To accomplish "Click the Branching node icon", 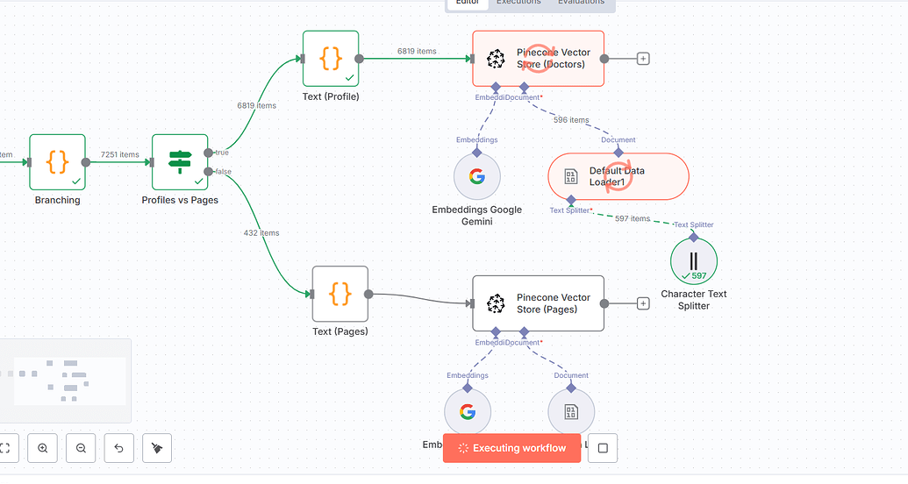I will click(x=57, y=162).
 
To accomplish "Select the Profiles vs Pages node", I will click(x=180, y=162).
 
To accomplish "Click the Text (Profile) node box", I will click(x=331, y=59).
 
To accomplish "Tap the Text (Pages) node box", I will click(x=340, y=295).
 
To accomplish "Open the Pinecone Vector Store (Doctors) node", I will click(x=538, y=59).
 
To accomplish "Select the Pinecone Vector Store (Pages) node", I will click(x=538, y=303).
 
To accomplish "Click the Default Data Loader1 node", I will click(x=618, y=176).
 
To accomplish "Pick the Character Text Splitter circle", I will click(x=694, y=260).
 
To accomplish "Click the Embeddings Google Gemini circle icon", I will click(x=476, y=176).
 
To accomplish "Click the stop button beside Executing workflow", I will click(x=603, y=448).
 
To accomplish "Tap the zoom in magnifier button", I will click(x=43, y=448).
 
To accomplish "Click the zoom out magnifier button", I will click(x=81, y=448).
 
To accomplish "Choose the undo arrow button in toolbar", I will click(x=119, y=448).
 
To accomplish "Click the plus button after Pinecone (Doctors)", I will click(x=643, y=59).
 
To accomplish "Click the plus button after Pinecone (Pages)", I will click(x=643, y=303).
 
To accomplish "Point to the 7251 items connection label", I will click(x=119, y=154).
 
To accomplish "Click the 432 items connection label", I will click(x=261, y=233).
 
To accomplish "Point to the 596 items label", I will click(x=571, y=120).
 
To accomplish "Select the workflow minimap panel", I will click(x=66, y=381).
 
